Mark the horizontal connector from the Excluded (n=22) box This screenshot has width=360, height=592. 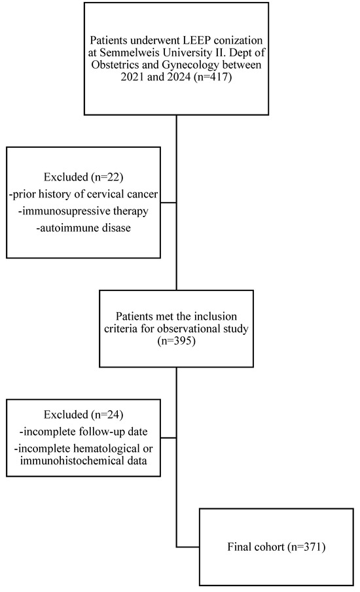(x=169, y=203)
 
